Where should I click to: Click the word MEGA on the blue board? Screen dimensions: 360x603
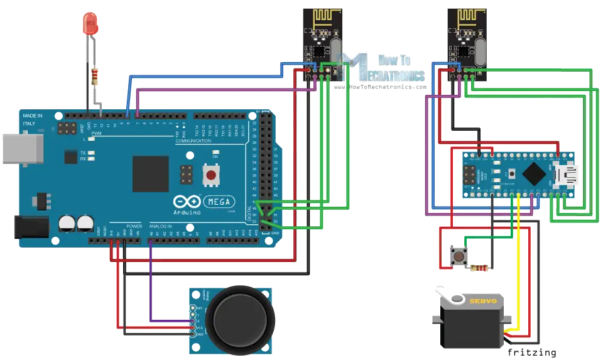coord(218,202)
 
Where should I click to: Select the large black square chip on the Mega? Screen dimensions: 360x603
coord(151,174)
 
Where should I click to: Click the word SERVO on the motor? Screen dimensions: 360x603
coord(483,301)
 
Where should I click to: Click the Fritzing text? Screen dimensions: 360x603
coord(533,352)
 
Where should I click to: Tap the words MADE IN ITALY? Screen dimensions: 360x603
coord(33,119)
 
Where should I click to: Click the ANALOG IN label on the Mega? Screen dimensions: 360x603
coord(161,226)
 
